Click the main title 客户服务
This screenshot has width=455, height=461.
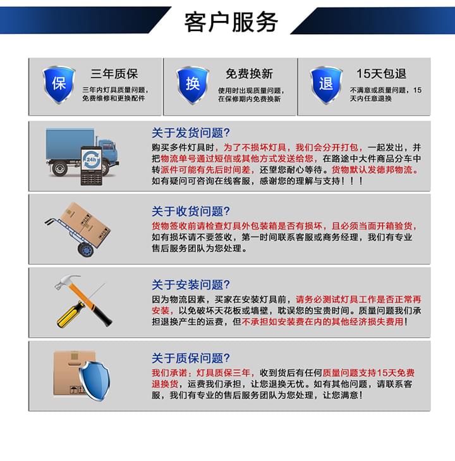click(231, 22)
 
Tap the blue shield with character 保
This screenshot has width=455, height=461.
click(59, 85)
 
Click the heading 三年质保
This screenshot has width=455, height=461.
click(114, 73)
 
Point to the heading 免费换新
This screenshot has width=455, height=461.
click(249, 73)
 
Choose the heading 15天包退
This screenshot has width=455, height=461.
click(381, 73)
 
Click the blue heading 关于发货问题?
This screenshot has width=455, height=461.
click(191, 133)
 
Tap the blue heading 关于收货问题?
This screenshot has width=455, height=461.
click(191, 211)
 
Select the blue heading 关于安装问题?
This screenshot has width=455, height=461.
click(191, 285)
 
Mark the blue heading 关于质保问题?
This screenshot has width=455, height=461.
click(191, 358)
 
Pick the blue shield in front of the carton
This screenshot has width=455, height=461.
click(94, 381)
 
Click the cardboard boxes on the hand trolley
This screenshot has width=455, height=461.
click(85, 224)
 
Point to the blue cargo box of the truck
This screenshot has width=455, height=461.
click(70, 144)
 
